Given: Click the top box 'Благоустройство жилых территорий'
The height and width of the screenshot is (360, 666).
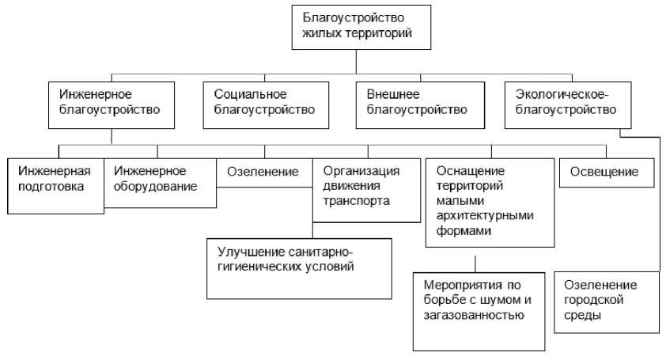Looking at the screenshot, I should coord(356,28).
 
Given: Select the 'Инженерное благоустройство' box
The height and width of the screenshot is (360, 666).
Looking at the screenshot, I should coord(112,103).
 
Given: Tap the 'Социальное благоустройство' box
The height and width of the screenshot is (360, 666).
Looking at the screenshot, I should coord(264,103).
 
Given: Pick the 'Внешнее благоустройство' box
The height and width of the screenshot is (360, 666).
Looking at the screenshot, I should coord(417,103).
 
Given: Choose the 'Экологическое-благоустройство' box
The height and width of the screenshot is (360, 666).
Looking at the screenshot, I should coord(567,103).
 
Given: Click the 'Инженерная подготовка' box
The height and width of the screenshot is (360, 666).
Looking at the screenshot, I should coord(56,186).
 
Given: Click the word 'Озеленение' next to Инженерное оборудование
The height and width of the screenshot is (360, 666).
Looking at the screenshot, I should coord(263,172).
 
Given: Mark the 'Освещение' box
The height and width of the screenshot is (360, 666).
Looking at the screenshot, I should coord(607,172).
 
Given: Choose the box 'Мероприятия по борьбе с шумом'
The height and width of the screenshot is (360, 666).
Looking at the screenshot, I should coord(479,310).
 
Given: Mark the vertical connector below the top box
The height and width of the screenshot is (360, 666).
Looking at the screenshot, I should coord(356,62).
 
